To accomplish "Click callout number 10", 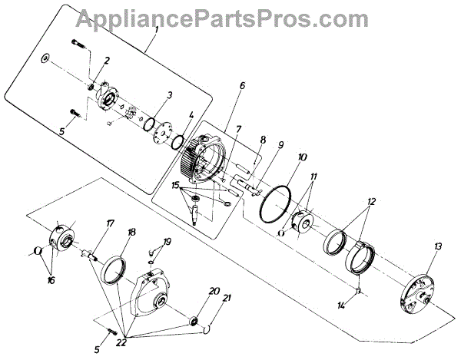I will point(301,157).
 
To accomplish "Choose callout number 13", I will point(438,246).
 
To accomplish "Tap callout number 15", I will point(177,185).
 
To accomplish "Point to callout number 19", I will point(167,242).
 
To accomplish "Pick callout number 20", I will point(214,291).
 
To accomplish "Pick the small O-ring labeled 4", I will point(177,144).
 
